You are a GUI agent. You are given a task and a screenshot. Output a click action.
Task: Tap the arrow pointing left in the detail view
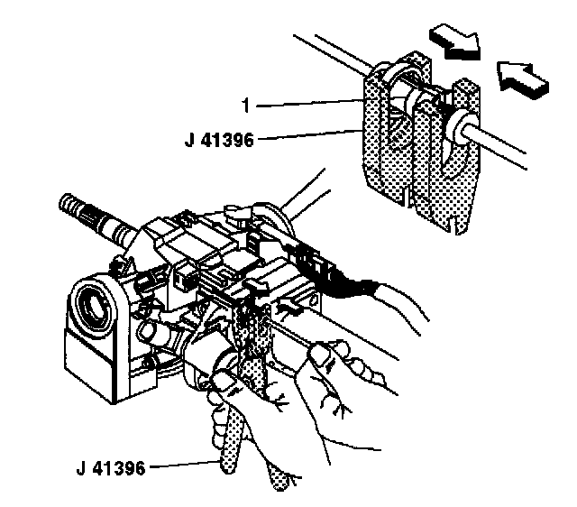(x=520, y=78)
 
